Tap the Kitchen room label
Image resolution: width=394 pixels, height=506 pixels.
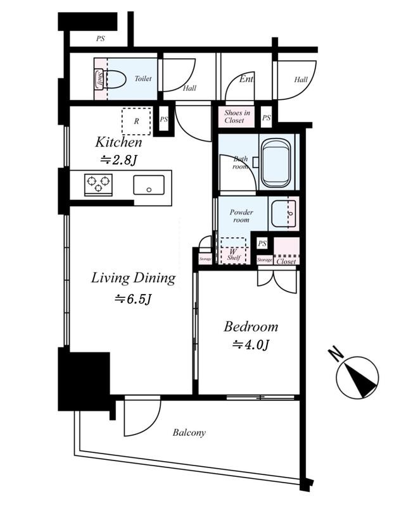[x=118, y=142]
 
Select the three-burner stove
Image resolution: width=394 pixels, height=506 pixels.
[x=98, y=184]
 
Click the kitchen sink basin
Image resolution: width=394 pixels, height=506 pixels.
[x=149, y=185]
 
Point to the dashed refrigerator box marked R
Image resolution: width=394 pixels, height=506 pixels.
[x=136, y=121]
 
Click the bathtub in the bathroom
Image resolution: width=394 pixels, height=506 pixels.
[x=276, y=163]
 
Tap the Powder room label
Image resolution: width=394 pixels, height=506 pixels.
[x=241, y=216]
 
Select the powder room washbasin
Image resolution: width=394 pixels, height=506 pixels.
[x=283, y=214]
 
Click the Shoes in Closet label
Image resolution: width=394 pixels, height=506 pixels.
[x=238, y=116]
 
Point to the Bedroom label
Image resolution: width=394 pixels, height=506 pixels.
[x=251, y=326]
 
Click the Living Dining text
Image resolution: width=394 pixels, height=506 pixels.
[x=133, y=279]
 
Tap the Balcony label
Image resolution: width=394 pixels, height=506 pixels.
[x=189, y=433]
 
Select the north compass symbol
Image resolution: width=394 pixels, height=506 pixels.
[x=357, y=376]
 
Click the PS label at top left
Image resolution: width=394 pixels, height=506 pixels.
[x=101, y=39]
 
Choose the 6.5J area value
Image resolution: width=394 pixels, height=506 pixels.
[x=134, y=299]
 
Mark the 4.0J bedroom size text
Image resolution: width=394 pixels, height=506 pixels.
[x=251, y=345]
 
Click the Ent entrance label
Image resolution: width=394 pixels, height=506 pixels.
[x=246, y=78]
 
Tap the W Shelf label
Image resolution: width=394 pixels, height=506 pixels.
[x=233, y=254]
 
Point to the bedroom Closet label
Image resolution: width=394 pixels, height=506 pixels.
[x=286, y=261]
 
